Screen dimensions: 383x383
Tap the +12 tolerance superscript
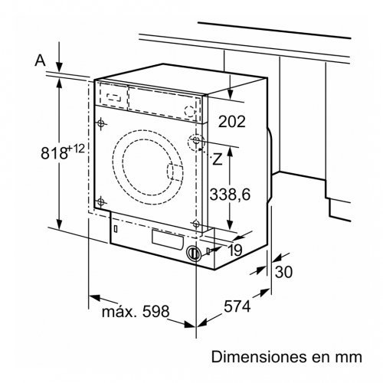(75, 146)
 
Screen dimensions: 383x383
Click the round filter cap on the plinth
(194, 253)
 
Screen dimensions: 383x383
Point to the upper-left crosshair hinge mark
(102, 123)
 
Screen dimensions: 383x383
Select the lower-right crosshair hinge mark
(196, 224)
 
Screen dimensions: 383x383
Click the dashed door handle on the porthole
(176, 173)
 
